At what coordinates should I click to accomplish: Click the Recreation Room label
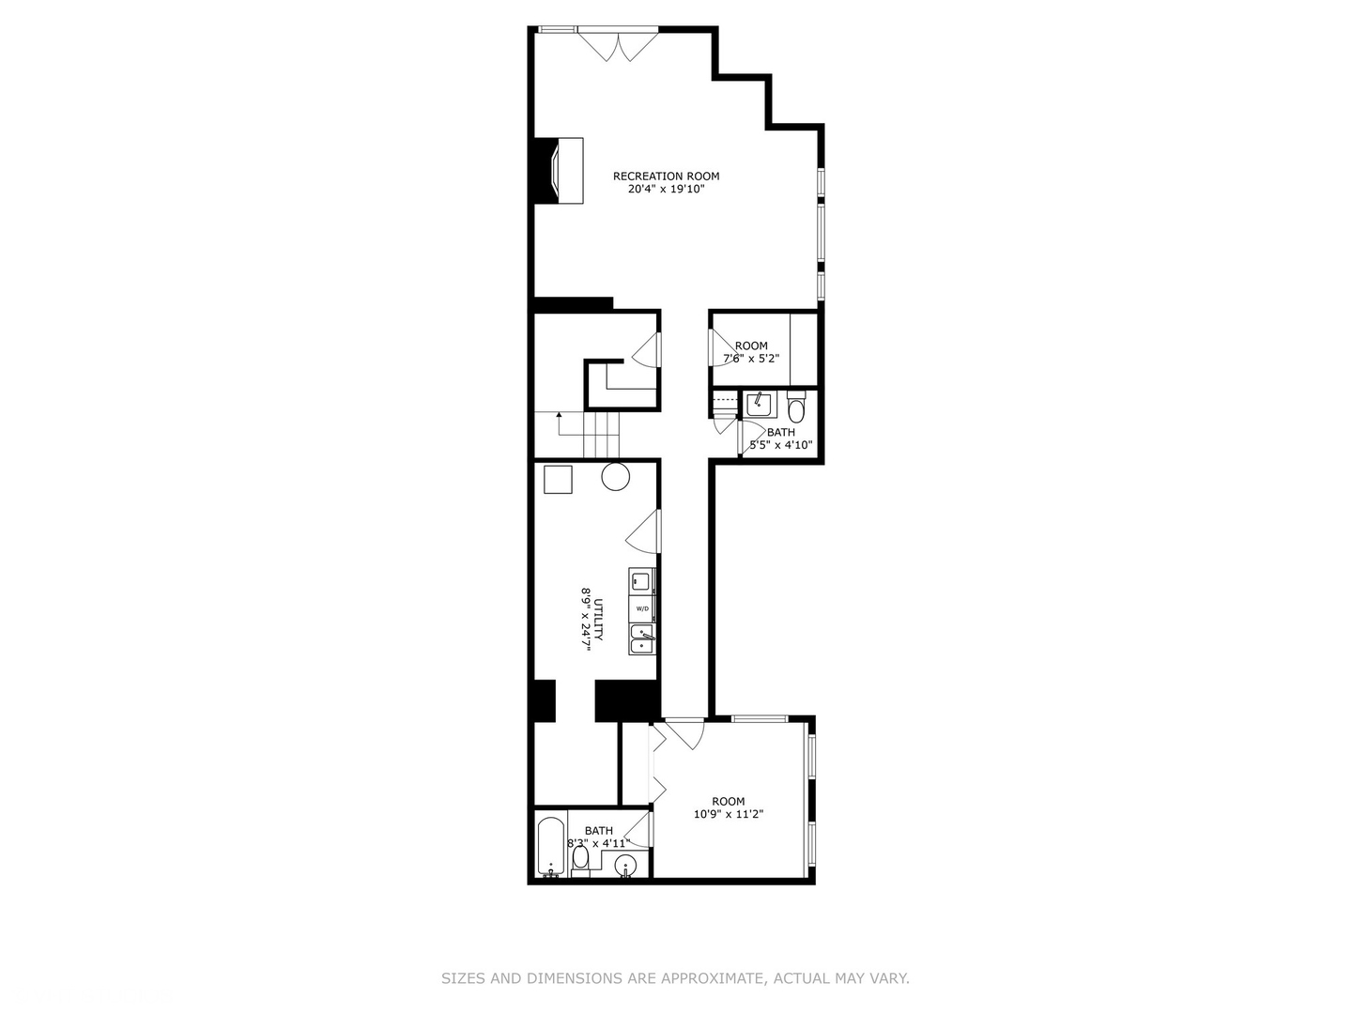pos(666,176)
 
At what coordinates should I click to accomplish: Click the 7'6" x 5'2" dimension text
pos(750,359)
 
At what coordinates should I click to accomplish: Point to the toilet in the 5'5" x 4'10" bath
pos(796,408)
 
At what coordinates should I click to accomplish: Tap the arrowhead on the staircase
pos(559,413)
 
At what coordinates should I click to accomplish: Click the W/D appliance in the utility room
pos(642,608)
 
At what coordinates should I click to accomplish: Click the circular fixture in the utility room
pos(615,477)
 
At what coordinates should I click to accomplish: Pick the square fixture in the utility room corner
pos(558,479)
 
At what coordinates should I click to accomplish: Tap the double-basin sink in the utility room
pos(642,639)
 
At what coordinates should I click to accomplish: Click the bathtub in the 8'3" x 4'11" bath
pos(550,847)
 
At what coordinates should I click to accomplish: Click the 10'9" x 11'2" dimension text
pos(728,815)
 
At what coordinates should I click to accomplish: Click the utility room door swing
pos(645,532)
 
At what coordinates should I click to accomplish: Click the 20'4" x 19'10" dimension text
pos(666,189)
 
